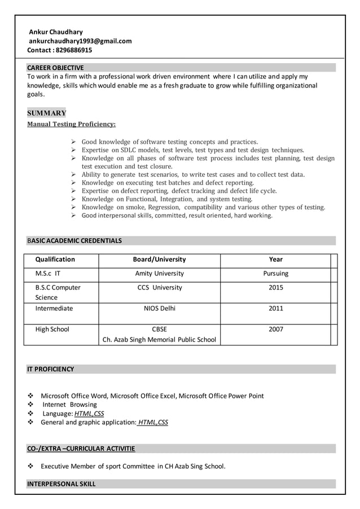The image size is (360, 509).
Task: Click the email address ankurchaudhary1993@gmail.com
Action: [x=81, y=41]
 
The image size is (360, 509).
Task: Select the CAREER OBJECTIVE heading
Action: [x=55, y=68]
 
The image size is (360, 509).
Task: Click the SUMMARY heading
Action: [x=47, y=113]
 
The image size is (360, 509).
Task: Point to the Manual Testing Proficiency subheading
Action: [x=72, y=124]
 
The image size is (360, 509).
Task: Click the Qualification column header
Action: [x=55, y=260]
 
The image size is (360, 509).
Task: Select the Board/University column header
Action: [x=159, y=260]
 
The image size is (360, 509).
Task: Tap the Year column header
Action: [x=276, y=260]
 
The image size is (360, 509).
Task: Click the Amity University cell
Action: [x=159, y=274]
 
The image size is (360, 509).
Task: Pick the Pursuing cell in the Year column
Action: [x=276, y=274]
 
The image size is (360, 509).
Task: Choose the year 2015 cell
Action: [x=276, y=288]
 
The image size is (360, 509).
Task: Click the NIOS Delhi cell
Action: [x=159, y=309]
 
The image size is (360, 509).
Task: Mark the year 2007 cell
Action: [x=276, y=330]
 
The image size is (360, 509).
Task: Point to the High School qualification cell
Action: [x=52, y=330]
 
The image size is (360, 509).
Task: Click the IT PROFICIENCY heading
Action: [x=50, y=369]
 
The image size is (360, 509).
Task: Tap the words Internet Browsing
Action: [x=69, y=405]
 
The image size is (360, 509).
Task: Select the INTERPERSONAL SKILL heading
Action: [x=62, y=484]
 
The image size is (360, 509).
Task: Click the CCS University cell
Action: [x=159, y=288]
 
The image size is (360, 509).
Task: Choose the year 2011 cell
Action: [x=276, y=309]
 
